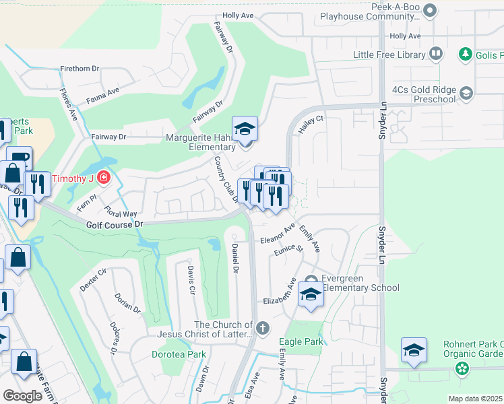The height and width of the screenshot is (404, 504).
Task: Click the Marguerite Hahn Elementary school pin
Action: [x=245, y=129]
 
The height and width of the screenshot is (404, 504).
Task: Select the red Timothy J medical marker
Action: [x=104, y=178]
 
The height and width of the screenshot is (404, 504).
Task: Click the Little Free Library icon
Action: [x=436, y=53]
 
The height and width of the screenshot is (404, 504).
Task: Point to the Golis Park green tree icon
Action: [x=465, y=53]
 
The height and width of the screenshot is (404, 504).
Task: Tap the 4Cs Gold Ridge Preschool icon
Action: [x=466, y=94]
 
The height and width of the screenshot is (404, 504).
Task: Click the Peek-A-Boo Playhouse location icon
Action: [x=433, y=9]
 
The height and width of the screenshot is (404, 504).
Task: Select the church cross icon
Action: [x=263, y=329]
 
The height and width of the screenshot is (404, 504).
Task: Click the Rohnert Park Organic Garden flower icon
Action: [x=462, y=368]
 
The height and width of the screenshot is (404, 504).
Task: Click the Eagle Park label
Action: [x=301, y=341]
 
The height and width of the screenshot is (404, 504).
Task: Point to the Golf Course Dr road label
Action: [x=115, y=224]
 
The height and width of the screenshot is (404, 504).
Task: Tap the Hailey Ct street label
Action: [x=312, y=125]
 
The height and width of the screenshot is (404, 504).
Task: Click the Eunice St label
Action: [x=288, y=249]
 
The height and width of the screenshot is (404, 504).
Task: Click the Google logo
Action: [x=22, y=396]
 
